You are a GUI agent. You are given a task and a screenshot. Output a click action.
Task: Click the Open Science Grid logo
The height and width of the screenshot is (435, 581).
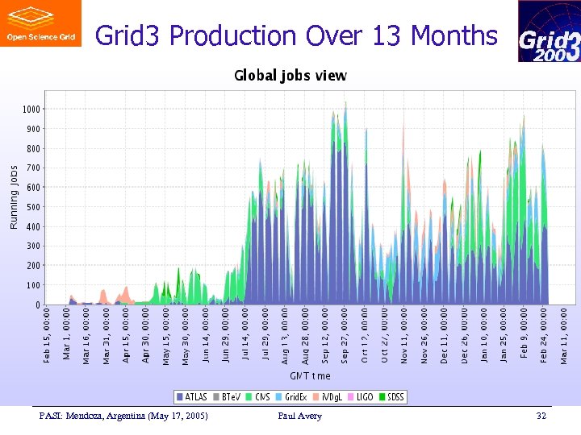[40, 23]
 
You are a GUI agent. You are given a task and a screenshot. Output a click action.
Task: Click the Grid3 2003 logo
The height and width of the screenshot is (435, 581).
[549, 31]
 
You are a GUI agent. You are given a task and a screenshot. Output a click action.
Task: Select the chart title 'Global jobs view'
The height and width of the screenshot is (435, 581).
[290, 76]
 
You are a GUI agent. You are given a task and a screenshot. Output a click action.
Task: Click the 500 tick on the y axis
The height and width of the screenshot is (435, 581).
[32, 207]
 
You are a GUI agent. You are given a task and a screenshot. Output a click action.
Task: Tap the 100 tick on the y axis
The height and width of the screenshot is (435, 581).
[32, 285]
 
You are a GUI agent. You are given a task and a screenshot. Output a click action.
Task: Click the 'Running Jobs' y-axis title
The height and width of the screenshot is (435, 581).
[14, 197]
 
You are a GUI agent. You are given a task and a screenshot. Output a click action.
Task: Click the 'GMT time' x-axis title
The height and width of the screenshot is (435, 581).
[310, 375]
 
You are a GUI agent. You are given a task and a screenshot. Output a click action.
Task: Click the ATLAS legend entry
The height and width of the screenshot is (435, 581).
[191, 396]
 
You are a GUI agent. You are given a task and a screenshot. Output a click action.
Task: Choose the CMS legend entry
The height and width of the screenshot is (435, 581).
[259, 396]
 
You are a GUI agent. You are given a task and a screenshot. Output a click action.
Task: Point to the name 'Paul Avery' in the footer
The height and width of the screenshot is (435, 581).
[299, 416]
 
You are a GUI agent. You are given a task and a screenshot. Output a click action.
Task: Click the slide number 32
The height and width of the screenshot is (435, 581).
[541, 416]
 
